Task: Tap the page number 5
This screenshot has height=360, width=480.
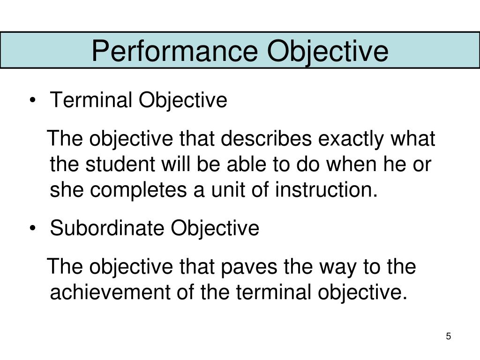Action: click(449, 337)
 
